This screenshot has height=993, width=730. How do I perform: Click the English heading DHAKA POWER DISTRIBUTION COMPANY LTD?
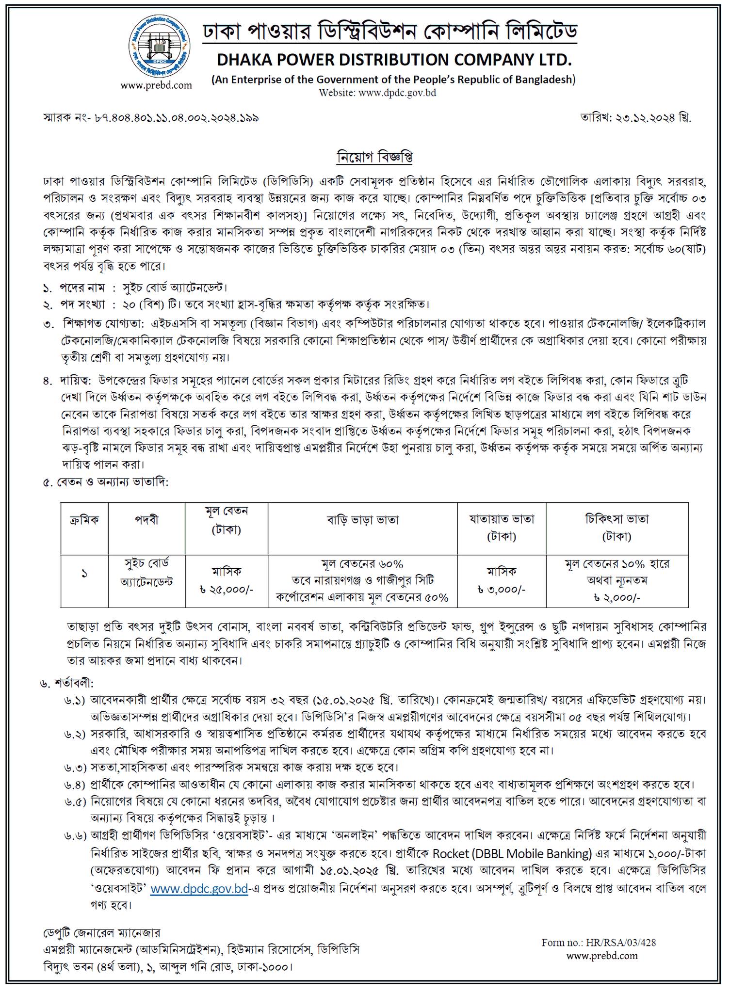pos(394,60)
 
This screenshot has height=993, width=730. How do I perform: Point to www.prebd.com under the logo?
pos(156,86)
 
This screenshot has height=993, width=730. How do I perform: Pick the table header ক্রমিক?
pos(84,520)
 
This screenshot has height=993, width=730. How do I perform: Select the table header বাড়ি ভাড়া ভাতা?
pos(362,520)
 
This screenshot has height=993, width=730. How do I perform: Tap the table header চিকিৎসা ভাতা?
pos(616,519)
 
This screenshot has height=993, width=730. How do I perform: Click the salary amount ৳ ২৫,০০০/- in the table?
pos(227,589)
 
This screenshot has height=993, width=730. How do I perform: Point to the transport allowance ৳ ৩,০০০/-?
pos(501,589)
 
